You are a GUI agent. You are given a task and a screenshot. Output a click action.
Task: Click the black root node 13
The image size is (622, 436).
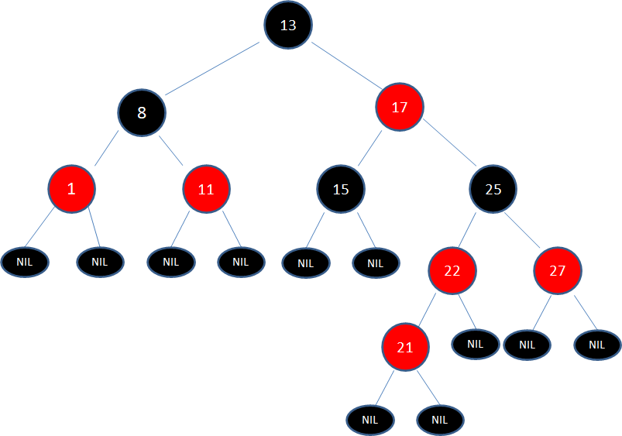[x=288, y=26]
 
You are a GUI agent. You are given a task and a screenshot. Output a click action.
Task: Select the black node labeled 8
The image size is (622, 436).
[x=142, y=113]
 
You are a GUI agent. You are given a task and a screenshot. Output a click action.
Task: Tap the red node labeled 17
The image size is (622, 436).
[x=400, y=108]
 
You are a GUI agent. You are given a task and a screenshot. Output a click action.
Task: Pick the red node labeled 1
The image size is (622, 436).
[x=71, y=188]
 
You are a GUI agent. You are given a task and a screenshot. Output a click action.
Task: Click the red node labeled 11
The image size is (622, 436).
[x=206, y=188]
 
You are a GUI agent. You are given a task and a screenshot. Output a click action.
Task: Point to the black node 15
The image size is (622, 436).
[x=341, y=188]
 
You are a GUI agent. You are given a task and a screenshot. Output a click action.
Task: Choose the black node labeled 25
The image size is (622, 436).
[x=493, y=188]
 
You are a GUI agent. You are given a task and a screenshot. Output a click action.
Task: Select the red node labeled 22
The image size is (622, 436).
[x=453, y=270]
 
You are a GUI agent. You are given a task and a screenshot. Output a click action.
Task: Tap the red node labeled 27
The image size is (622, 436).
[x=557, y=270]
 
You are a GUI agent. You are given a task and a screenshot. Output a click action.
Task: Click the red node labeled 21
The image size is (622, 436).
[x=405, y=348]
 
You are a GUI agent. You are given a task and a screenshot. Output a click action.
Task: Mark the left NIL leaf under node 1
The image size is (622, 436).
[x=25, y=262]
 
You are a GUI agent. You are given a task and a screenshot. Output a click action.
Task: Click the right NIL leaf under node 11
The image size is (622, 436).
[x=241, y=262]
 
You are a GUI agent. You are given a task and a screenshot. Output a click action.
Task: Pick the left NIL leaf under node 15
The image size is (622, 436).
[x=306, y=263]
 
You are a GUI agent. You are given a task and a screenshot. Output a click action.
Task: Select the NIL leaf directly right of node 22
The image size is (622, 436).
[x=476, y=344]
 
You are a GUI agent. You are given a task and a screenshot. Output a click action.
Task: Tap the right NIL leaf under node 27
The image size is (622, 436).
[x=597, y=345]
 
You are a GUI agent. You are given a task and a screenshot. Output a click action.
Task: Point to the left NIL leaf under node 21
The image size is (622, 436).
[x=369, y=420]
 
